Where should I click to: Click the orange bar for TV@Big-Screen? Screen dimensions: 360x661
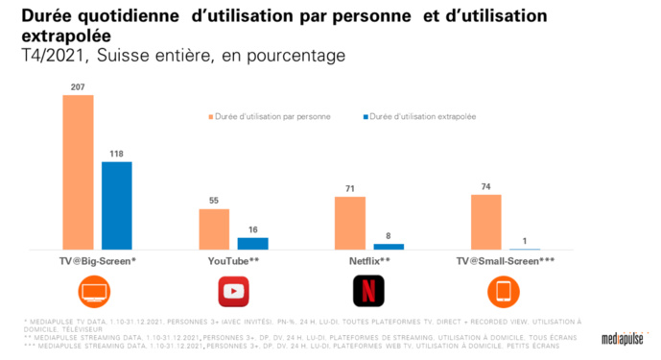coord(78,173)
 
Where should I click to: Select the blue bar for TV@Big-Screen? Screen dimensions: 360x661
coord(117,205)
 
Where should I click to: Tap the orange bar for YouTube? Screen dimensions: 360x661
coord(214,228)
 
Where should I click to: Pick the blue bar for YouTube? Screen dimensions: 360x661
coord(253,243)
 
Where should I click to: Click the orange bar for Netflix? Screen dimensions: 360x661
coord(349,223)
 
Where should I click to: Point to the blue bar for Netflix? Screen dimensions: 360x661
coord(389,247)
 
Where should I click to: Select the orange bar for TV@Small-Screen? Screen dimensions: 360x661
coord(485,222)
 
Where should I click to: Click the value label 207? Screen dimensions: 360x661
coord(78,87)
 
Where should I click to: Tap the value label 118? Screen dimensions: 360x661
coord(117,153)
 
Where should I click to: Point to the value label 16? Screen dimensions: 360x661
coord(253,228)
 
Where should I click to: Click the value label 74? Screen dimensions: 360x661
coord(485,185)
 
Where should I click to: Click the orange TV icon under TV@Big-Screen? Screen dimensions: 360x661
coord(97,290)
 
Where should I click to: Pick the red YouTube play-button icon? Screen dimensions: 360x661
coord(233,290)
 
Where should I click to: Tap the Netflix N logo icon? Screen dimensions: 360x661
coord(368,290)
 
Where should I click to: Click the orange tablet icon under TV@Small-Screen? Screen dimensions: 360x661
coord(505,290)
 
